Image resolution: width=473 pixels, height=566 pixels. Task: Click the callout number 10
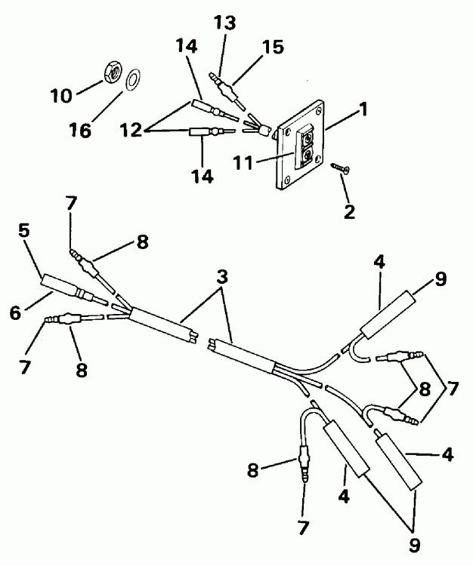[x=63, y=97]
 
